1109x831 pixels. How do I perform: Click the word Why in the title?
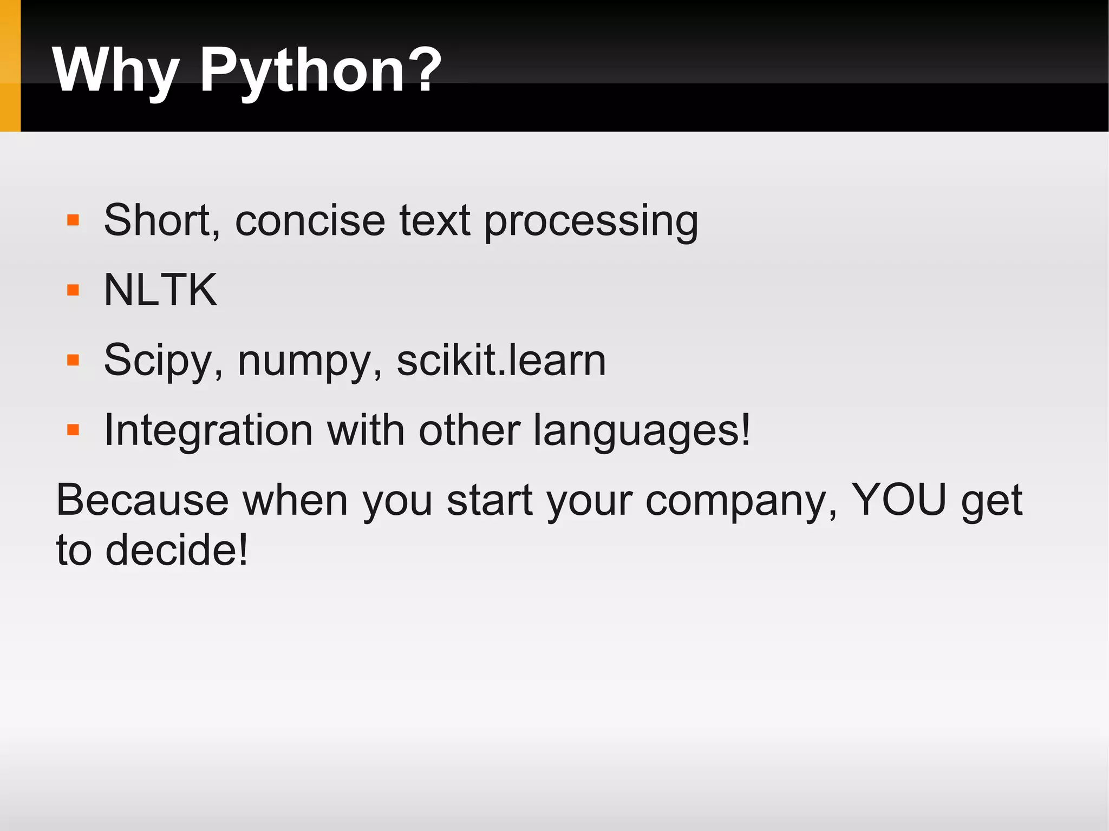pyautogui.click(x=115, y=70)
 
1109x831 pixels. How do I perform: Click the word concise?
pyautogui.click(x=310, y=221)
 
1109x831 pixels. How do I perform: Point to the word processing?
pyautogui.click(x=591, y=222)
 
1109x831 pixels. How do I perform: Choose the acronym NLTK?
pyautogui.click(x=160, y=290)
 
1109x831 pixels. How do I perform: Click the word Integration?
pyautogui.click(x=208, y=431)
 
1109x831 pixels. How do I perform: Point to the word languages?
pyautogui.click(x=642, y=431)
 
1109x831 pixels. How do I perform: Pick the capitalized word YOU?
pyautogui.click(x=899, y=499)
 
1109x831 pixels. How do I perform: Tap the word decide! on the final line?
pyautogui.click(x=177, y=550)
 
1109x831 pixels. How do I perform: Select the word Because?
pyautogui.click(x=142, y=500)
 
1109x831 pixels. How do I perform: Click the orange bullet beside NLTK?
pyautogui.click(x=73, y=291)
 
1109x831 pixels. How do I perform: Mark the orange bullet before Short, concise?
pyautogui.click(x=73, y=220)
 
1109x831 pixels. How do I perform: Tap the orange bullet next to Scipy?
pyautogui.click(x=73, y=361)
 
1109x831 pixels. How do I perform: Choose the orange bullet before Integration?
pyautogui.click(x=73, y=430)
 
